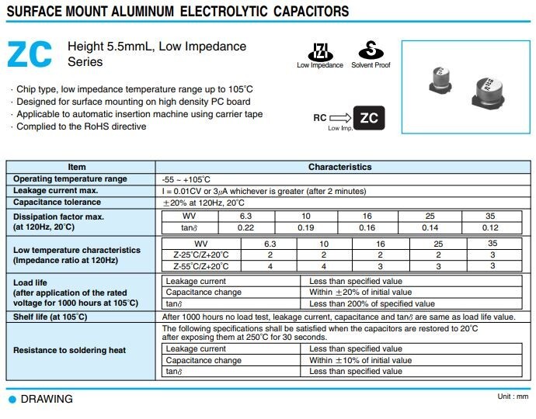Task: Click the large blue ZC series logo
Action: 30,54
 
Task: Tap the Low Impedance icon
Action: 319,51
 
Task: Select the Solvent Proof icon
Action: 371,51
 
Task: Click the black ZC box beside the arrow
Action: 370,119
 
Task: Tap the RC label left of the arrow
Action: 320,118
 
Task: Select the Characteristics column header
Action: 339,167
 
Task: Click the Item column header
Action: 77,167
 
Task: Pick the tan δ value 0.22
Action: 245,227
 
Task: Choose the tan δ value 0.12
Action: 490,227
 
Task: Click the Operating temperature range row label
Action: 70,179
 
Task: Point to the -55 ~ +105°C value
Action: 186,179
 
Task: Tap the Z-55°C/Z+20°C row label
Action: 190,266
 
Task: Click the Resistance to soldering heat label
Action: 69,350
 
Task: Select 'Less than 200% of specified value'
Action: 372,304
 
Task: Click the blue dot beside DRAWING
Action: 12,399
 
